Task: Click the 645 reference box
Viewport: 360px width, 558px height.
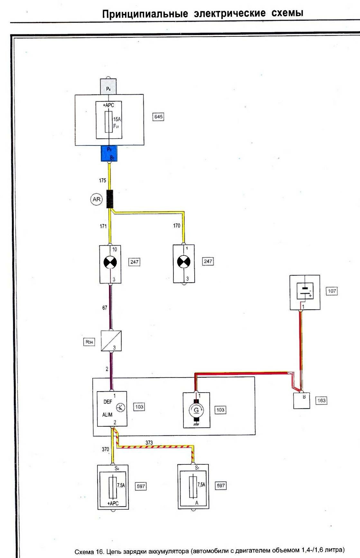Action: [158, 116]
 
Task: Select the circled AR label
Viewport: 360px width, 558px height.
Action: [97, 200]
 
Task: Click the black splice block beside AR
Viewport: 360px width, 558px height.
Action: [110, 199]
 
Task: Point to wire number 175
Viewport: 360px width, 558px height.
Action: [103, 181]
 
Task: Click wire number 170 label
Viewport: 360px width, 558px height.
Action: [177, 226]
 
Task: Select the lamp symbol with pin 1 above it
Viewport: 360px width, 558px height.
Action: [184, 262]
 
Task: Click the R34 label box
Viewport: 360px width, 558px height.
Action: [89, 342]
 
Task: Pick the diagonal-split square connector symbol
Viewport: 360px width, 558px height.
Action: [111, 340]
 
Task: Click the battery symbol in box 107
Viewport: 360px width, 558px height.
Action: [305, 291]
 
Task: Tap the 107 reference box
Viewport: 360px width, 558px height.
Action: [332, 291]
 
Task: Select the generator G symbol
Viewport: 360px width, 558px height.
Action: [196, 410]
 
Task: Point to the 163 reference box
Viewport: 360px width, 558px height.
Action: [321, 401]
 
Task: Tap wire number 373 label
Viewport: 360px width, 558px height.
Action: [149, 443]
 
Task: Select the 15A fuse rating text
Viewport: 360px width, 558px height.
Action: [117, 119]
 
